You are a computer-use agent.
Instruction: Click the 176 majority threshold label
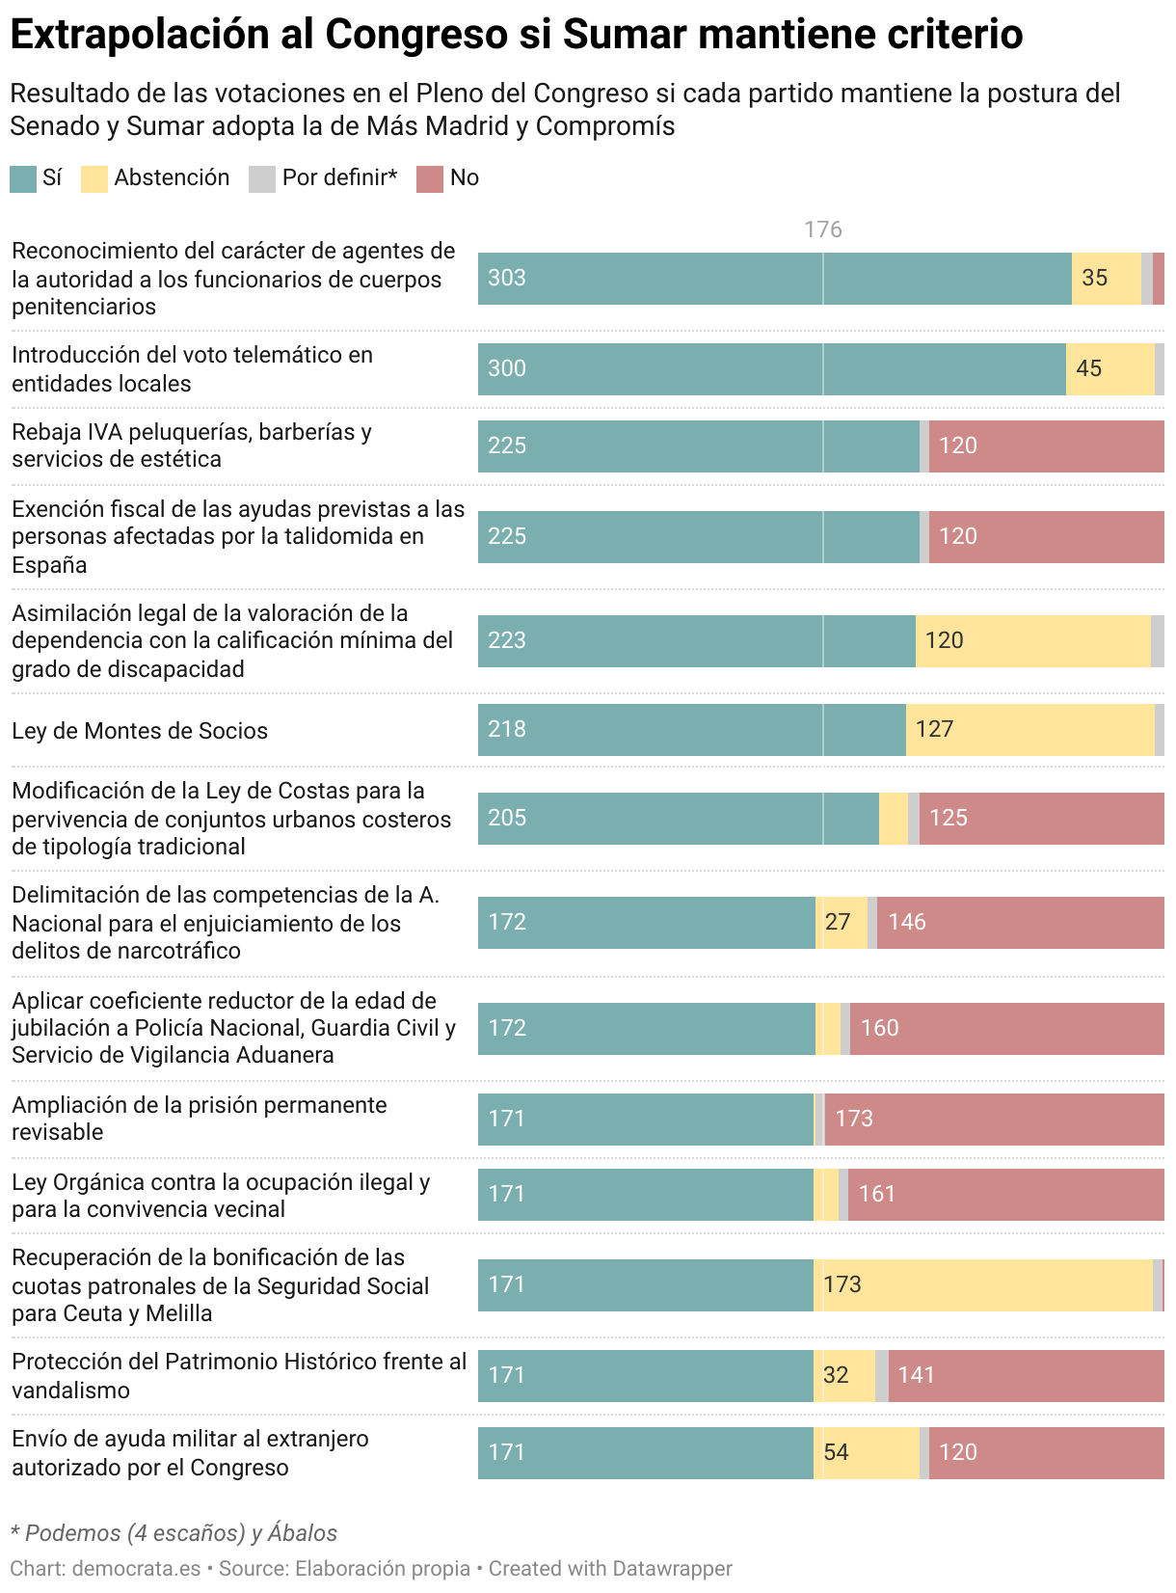(x=822, y=229)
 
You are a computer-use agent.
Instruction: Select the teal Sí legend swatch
(x=23, y=178)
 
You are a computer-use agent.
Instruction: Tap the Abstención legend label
(x=172, y=177)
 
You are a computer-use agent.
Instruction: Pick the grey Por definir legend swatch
(x=262, y=178)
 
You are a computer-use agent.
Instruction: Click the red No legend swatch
(x=430, y=178)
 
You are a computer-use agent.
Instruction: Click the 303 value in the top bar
(x=507, y=278)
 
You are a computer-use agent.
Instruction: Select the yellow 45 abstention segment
(x=1109, y=368)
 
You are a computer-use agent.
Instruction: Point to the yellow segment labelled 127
(x=1029, y=729)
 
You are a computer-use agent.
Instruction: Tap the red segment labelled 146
(x=1020, y=922)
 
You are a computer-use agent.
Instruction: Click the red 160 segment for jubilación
(x=1006, y=1028)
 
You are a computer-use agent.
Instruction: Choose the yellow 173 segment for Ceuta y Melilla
(x=983, y=1284)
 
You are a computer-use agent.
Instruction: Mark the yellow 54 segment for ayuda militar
(x=867, y=1452)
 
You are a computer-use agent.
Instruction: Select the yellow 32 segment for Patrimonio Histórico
(x=844, y=1375)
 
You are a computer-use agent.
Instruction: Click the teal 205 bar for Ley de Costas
(x=678, y=818)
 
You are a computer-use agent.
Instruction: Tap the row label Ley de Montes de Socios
(x=140, y=731)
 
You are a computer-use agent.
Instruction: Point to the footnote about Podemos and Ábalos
(x=174, y=1533)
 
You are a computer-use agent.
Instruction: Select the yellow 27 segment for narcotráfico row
(x=842, y=922)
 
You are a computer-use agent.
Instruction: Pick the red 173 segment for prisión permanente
(x=994, y=1119)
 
